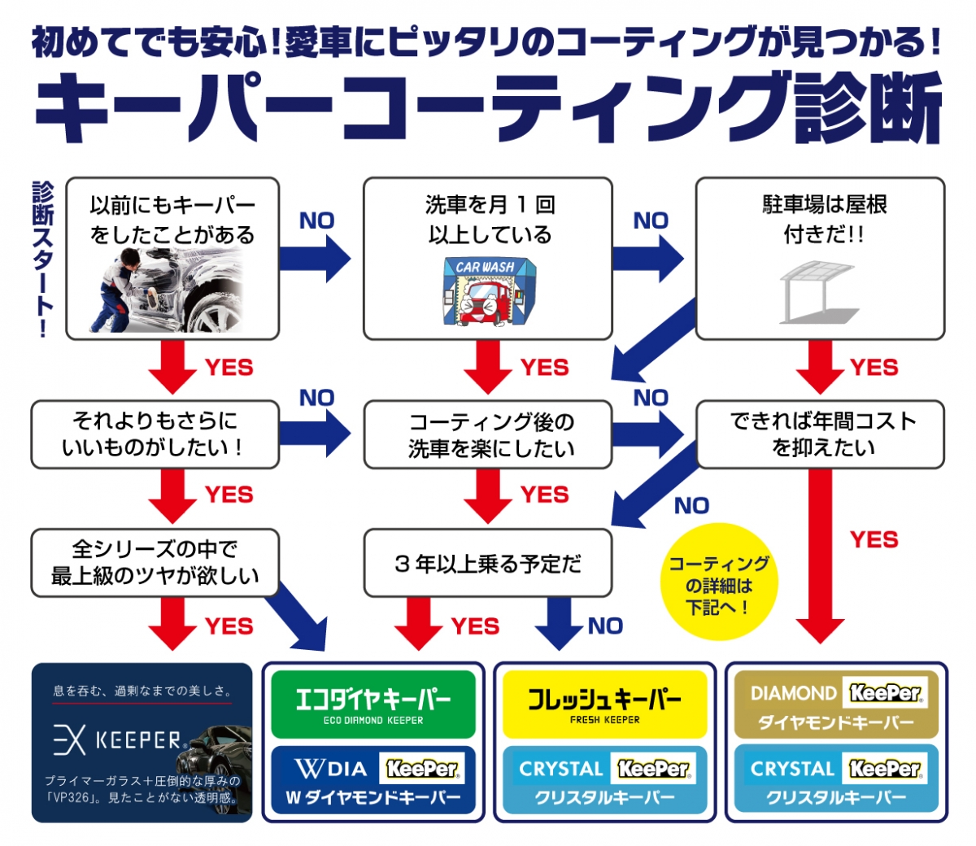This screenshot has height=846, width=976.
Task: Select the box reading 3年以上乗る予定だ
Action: pyautogui.click(x=488, y=563)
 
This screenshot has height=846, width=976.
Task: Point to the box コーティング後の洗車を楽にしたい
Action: pyautogui.click(x=488, y=434)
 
